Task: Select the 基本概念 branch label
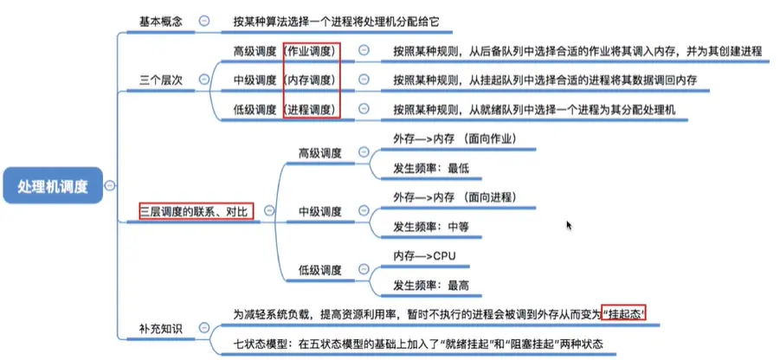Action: [x=161, y=20]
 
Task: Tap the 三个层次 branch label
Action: [x=161, y=80]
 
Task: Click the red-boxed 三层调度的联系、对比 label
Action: [x=197, y=210]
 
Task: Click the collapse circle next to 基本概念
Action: [x=203, y=20]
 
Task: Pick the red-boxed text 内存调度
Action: [x=312, y=80]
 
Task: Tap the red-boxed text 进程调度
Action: [x=312, y=110]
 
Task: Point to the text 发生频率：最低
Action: [x=430, y=168]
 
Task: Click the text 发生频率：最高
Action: [x=430, y=286]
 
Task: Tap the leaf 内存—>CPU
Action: [x=424, y=257]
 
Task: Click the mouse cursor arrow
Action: [x=569, y=225]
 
